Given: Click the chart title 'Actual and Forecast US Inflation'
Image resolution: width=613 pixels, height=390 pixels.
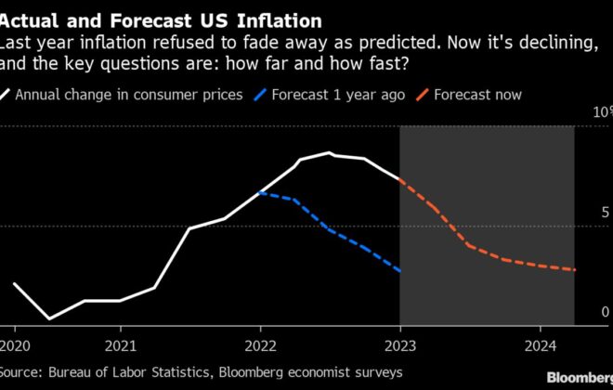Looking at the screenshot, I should [162, 19].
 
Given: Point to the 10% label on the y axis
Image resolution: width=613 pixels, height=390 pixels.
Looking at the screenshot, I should [599, 112].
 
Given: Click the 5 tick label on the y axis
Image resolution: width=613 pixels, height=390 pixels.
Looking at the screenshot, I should [605, 213].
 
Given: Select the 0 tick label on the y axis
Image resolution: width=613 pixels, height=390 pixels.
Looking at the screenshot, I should [605, 313].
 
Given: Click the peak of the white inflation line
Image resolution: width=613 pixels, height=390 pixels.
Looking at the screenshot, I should [329, 153].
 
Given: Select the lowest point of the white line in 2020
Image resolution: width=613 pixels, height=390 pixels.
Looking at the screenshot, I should [49, 318].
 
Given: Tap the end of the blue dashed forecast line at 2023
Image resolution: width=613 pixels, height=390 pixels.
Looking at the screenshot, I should [399, 271].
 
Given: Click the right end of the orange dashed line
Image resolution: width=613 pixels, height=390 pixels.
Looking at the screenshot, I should [575, 270].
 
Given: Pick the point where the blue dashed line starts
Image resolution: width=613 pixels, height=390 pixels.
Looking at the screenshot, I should [261, 192].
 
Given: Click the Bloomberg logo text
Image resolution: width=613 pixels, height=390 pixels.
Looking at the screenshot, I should [579, 377].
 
